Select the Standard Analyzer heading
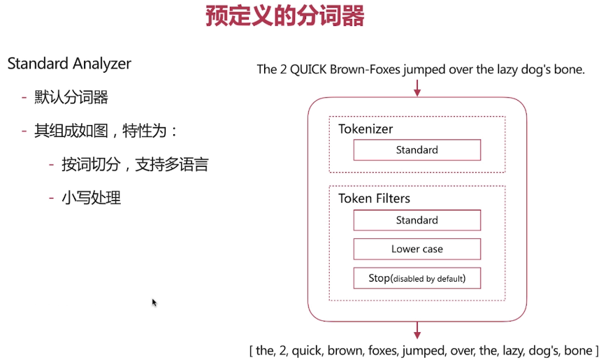[69, 64]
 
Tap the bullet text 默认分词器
[71, 97]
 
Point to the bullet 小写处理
[91, 198]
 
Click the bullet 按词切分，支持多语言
[135, 164]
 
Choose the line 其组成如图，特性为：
[106, 131]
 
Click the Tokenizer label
[365, 129]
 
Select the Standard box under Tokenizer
[417, 150]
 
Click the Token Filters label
[374, 199]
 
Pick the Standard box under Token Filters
[417, 220]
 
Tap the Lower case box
[417, 249]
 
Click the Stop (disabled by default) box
[417, 278]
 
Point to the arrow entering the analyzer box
[417, 88]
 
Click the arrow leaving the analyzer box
[417, 330]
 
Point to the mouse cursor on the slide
[154, 303]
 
